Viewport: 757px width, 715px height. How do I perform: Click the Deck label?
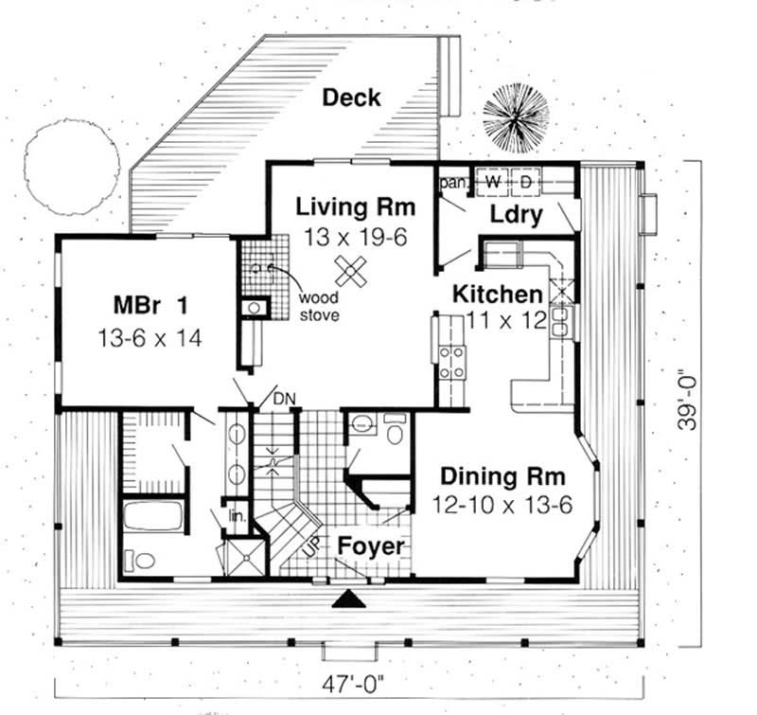[x=350, y=98]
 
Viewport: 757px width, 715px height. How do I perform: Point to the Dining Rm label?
[x=502, y=475]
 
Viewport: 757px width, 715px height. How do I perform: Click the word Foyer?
[x=371, y=546]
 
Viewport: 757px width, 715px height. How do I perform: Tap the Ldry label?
[x=517, y=215]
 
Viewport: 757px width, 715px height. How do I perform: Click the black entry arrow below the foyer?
[x=349, y=599]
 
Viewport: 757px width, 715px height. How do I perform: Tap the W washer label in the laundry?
[x=493, y=179]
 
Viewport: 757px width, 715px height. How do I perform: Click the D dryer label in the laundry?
[x=527, y=179]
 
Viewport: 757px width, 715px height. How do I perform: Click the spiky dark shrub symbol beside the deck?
[x=515, y=120]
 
